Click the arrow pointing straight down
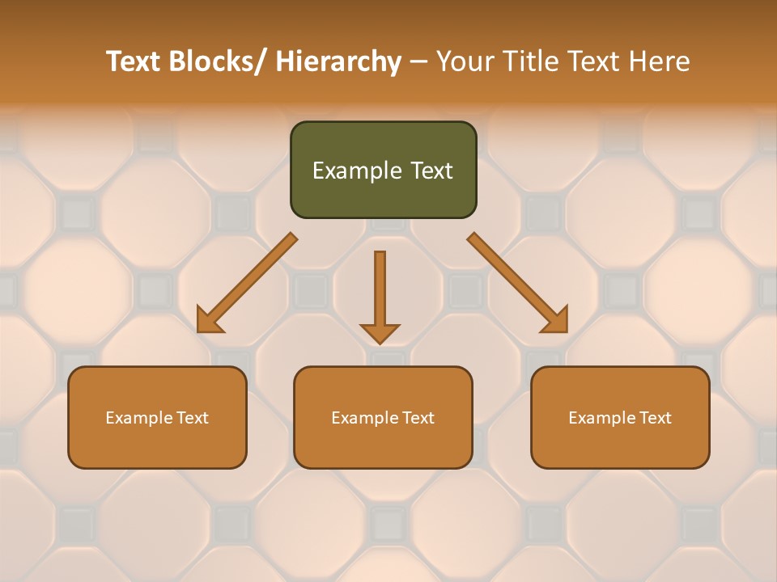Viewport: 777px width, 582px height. (380, 295)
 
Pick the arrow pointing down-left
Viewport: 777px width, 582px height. (247, 283)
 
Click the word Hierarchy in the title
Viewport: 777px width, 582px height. (338, 61)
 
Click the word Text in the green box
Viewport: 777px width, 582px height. (431, 171)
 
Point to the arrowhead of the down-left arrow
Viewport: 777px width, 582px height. (209, 321)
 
